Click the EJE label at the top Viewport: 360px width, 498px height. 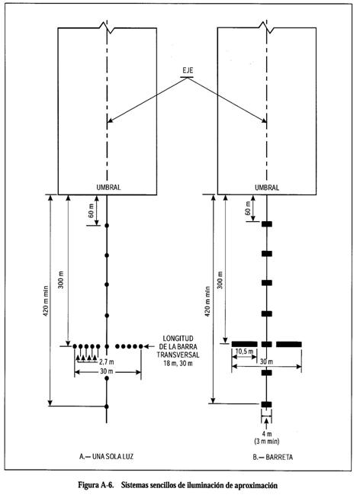pos(188,71)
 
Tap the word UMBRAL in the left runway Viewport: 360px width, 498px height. pos(108,188)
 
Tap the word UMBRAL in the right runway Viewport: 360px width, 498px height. pos(267,188)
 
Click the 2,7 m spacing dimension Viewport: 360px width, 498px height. pos(107,361)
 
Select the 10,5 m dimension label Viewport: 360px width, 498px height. pos(245,352)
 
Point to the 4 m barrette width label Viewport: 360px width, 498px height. pos(267,435)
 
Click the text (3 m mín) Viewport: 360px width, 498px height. pos(267,441)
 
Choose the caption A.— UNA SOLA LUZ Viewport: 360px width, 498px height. pos(107,457)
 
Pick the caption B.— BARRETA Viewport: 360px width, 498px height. pos(273,458)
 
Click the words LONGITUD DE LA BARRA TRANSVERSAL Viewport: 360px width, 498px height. pos(178,347)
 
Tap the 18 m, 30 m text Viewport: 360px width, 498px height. pos(178,363)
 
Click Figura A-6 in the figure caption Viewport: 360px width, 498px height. pos(96,485)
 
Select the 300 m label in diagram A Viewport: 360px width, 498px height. pos(61,280)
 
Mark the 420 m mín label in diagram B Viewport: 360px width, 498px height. pos(207,300)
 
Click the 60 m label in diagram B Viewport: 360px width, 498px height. pos(248,207)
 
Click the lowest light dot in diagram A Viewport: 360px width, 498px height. pos(107,406)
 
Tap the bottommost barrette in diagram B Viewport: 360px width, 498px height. pos(267,404)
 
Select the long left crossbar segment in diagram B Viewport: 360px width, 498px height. pos(244,344)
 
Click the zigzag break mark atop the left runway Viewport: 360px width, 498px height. pos(107,27)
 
